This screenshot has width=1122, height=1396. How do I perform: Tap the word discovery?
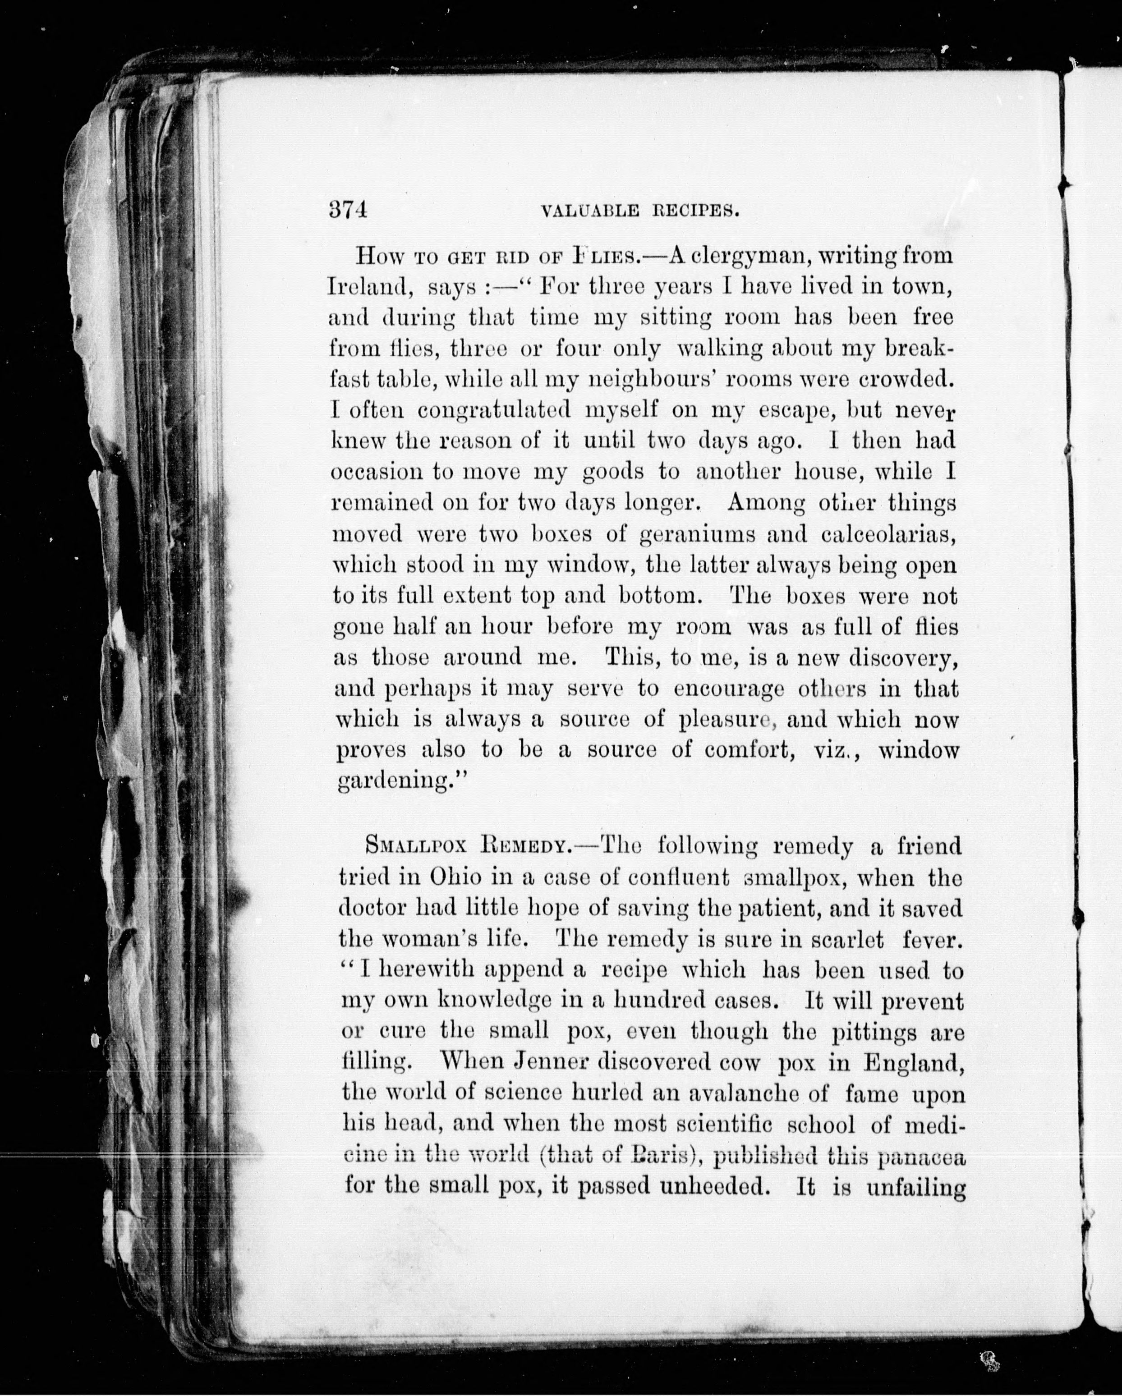pos(902,658)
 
